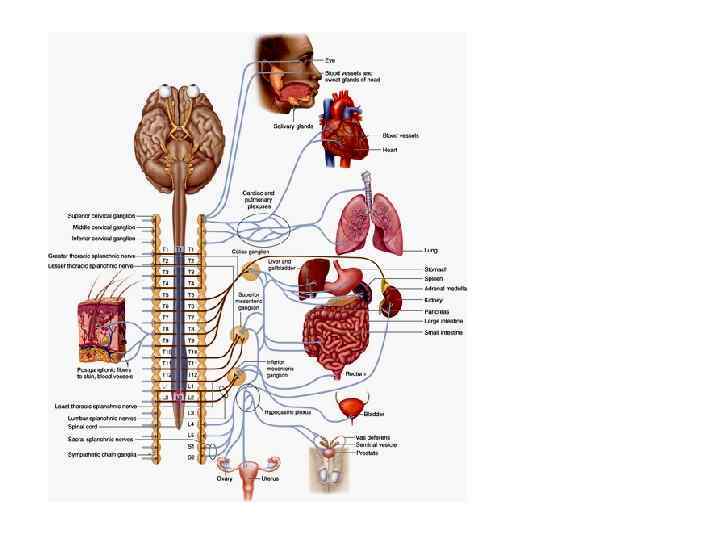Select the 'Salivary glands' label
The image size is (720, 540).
[293, 127]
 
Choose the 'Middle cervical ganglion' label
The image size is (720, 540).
[100, 228]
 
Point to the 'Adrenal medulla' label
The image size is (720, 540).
[445, 289]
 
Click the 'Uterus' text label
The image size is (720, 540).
[270, 479]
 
